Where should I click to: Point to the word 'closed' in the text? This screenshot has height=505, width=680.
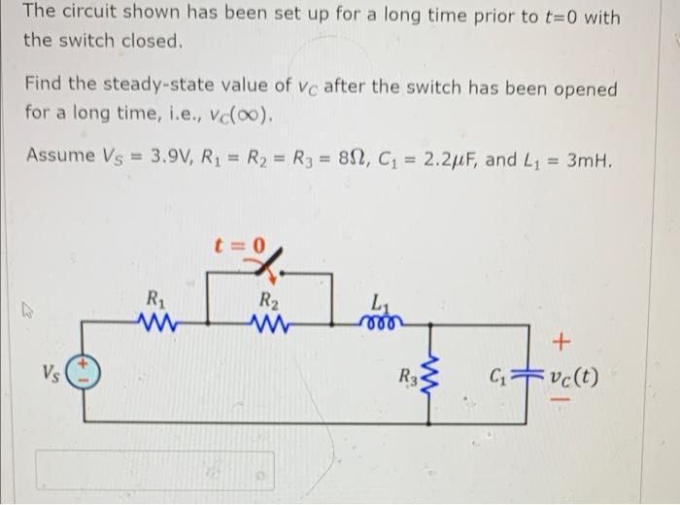coord(153,42)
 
